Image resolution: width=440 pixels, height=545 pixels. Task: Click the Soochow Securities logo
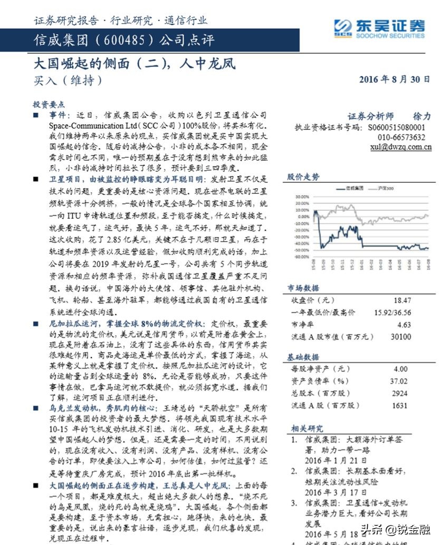[x=379, y=27]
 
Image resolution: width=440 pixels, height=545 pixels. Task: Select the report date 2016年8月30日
[x=395, y=80]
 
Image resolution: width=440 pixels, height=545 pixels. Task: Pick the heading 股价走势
[x=303, y=177]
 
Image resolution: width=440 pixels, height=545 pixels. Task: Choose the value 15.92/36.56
[x=393, y=312]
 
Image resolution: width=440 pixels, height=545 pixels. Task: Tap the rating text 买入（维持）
[x=68, y=80]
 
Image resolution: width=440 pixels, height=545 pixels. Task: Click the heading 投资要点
[x=49, y=104]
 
